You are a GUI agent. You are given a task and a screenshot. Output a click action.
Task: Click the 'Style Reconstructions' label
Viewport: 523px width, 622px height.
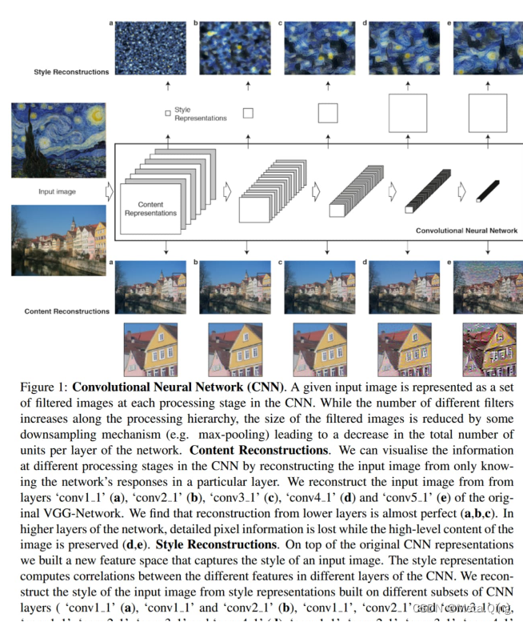pyautogui.click(x=71, y=72)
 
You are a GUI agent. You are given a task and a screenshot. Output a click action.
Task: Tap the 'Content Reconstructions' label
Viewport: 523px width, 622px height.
pyautogui.click(x=67, y=311)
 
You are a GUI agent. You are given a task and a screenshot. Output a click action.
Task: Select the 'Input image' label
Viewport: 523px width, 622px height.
pyautogui.click(x=58, y=192)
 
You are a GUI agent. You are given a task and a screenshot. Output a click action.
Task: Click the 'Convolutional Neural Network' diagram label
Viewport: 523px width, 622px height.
pyautogui.click(x=466, y=231)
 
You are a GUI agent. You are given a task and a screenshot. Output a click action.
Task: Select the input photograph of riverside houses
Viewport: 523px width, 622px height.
pyautogui.click(x=58, y=239)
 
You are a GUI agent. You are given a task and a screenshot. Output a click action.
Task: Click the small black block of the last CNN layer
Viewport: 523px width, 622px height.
pyautogui.click(x=487, y=191)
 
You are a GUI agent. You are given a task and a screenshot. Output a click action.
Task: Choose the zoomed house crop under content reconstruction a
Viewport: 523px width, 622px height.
pyautogui.click(x=150, y=349)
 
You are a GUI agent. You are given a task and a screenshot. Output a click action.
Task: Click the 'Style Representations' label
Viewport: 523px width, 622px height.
pyautogui.click(x=200, y=114)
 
